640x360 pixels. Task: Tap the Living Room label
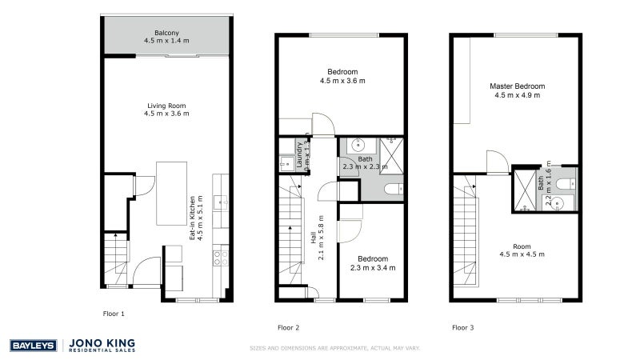click(x=166, y=106)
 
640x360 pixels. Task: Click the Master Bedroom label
click(x=517, y=86)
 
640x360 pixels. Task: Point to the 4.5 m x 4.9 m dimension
click(x=517, y=95)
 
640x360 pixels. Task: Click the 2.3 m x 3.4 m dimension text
click(x=373, y=268)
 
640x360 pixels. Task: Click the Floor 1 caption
click(x=114, y=314)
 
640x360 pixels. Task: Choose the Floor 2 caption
click(x=288, y=327)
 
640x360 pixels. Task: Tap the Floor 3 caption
click(x=462, y=327)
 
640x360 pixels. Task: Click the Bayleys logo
click(x=32, y=346)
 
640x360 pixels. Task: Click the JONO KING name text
click(x=102, y=342)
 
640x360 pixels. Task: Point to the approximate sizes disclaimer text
click(x=334, y=348)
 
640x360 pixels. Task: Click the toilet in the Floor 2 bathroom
click(x=393, y=190)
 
